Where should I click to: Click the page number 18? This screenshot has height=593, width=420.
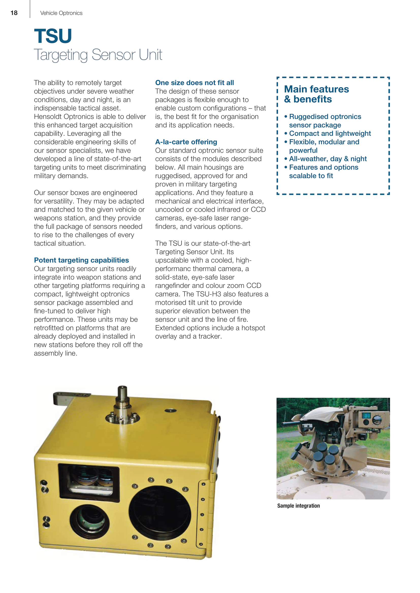pyautogui.click(x=14, y=13)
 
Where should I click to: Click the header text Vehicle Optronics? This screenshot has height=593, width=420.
pyautogui.click(x=61, y=13)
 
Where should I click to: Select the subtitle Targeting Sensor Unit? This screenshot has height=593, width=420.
pyautogui.click(x=98, y=55)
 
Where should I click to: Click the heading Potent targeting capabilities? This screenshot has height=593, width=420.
pyautogui.click(x=82, y=260)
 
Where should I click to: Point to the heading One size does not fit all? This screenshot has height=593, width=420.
pyautogui.click(x=195, y=83)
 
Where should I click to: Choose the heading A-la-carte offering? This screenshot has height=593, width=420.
pyautogui.click(x=186, y=142)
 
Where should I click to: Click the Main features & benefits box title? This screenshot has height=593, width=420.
pyautogui.click(x=316, y=94)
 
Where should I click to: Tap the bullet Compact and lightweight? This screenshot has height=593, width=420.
pyautogui.click(x=330, y=133)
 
